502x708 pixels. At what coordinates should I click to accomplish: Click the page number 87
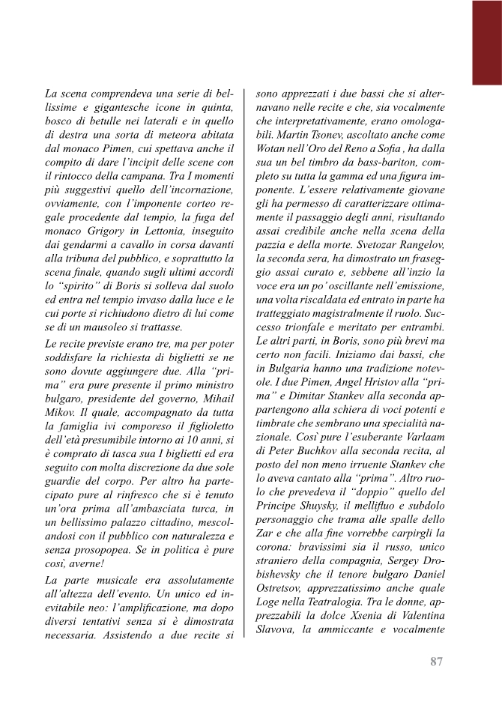tap(438, 660)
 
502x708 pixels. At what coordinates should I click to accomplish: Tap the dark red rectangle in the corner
tap(486, 42)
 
